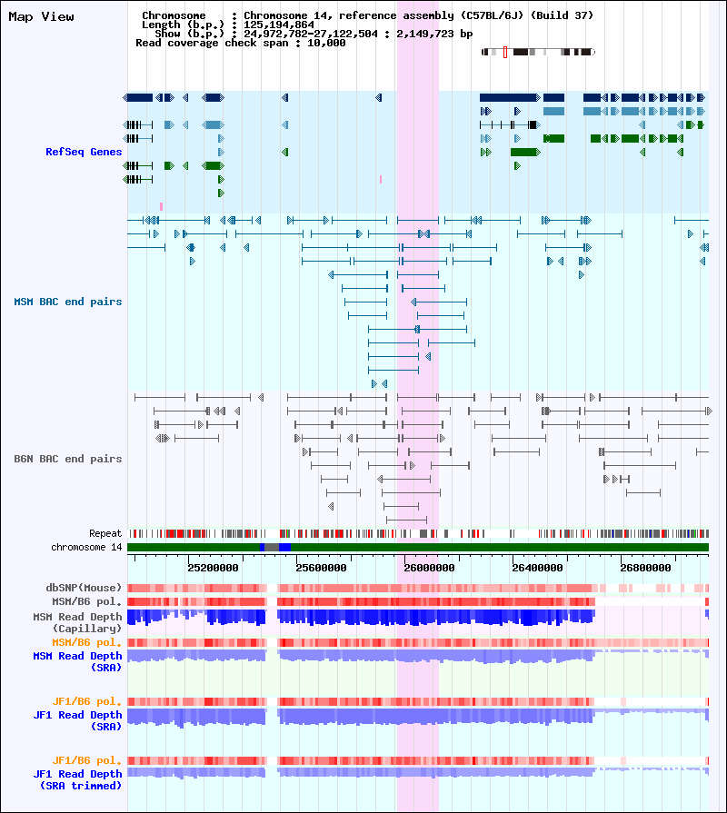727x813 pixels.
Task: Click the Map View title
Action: (x=41, y=17)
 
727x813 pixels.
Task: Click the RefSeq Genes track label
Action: (x=84, y=152)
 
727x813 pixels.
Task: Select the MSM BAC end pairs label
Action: (x=68, y=302)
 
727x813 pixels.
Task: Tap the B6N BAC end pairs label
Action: (x=68, y=459)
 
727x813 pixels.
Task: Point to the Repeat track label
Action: (x=105, y=533)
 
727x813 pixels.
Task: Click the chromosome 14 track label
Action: (x=86, y=547)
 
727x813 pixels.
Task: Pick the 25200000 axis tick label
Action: (x=214, y=568)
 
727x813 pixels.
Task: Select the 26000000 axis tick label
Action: (x=429, y=568)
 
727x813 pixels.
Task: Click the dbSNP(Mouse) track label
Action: (x=84, y=588)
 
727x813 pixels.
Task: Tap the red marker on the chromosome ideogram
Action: (x=505, y=53)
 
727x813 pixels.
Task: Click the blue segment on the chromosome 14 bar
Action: (x=284, y=547)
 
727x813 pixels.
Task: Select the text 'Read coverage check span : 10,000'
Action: (x=240, y=43)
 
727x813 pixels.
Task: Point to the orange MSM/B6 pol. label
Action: (x=87, y=642)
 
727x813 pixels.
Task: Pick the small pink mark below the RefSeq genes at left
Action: (x=161, y=206)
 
